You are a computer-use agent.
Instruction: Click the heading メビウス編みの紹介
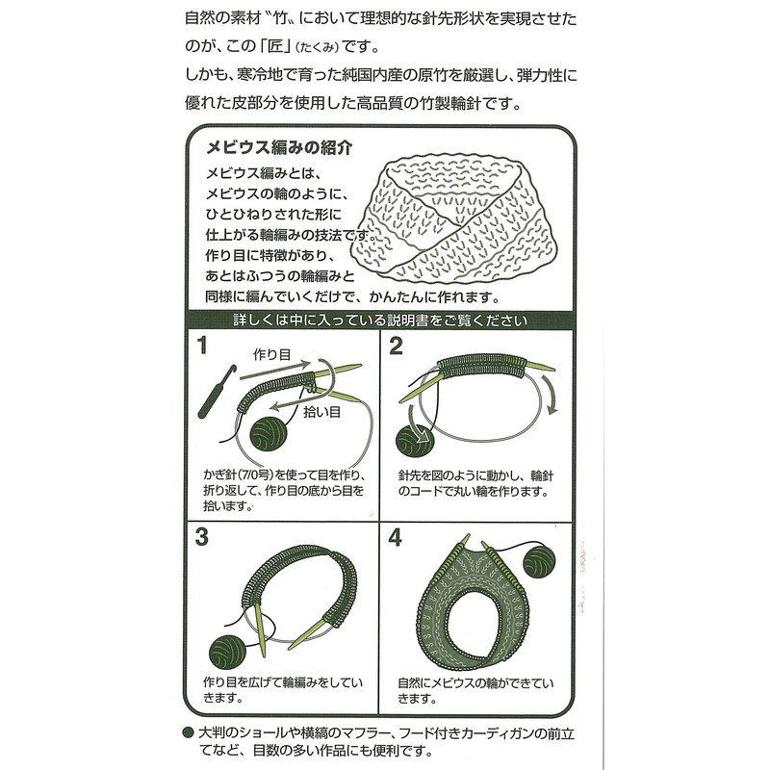[x=271, y=149]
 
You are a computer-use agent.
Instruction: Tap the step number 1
[x=203, y=346]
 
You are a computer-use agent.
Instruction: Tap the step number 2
[x=396, y=346]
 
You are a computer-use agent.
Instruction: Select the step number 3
[x=203, y=535]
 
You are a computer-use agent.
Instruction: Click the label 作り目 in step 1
[x=271, y=354]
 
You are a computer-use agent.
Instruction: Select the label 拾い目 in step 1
[x=321, y=412]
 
